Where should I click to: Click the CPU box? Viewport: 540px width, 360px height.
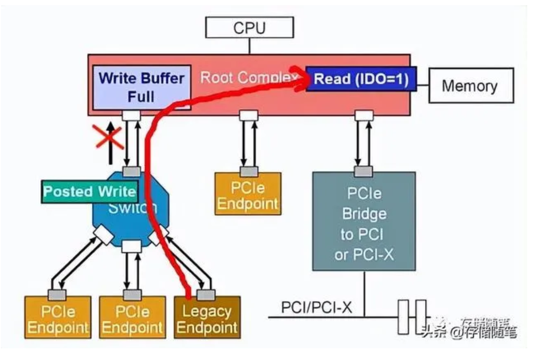[250, 28]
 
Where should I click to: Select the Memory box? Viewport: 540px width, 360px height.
[469, 85]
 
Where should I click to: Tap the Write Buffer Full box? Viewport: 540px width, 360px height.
[141, 86]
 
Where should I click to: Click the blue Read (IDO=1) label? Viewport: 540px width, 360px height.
[361, 80]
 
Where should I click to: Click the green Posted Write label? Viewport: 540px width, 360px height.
[90, 191]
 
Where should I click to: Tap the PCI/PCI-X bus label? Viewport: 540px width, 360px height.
[316, 308]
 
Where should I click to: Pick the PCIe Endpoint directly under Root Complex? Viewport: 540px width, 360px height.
[248, 195]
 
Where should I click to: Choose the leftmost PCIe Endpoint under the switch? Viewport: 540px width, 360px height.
[58, 318]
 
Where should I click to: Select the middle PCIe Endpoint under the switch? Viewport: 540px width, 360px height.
[132, 318]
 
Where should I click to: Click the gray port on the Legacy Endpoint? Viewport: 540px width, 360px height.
[207, 295]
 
